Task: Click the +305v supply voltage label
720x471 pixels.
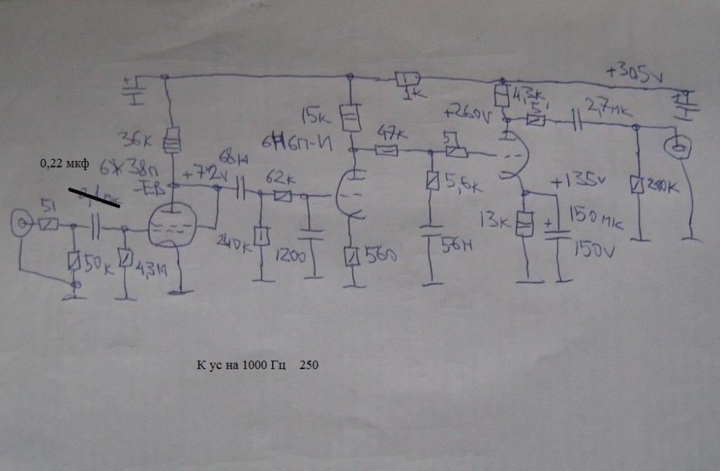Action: [x=633, y=72]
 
